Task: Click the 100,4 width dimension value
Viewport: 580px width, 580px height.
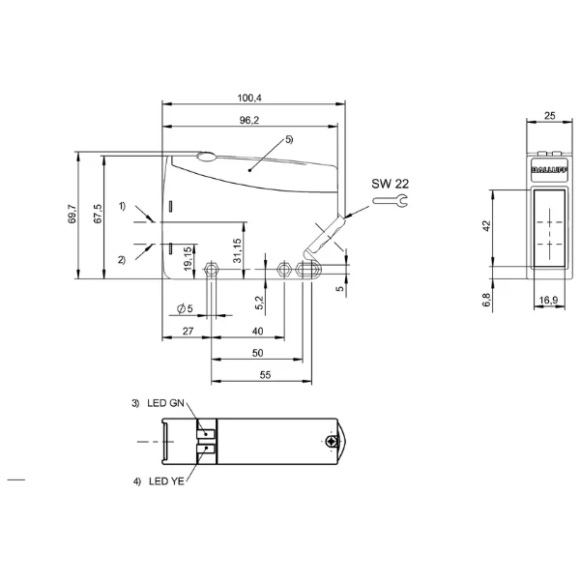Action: (249, 98)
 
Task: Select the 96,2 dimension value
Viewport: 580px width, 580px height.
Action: (249, 120)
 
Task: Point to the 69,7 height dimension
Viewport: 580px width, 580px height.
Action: (72, 214)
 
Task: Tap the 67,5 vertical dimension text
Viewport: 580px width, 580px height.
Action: (98, 214)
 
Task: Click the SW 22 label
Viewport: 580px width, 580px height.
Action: (391, 184)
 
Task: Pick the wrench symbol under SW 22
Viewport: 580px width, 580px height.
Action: (390, 201)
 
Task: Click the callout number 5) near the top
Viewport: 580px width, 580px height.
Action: (289, 139)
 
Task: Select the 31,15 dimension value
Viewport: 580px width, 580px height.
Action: (237, 250)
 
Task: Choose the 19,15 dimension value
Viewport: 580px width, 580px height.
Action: (188, 258)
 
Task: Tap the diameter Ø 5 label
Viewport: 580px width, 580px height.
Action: (185, 308)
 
